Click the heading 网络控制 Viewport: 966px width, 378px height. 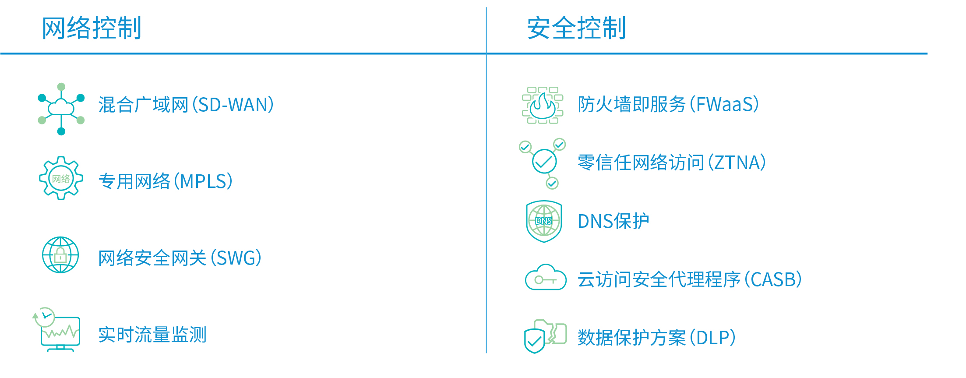[92, 28]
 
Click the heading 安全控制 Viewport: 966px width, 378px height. [576, 28]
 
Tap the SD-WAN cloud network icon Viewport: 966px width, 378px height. [61, 109]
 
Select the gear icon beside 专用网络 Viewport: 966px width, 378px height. [61, 178]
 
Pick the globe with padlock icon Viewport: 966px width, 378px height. [60, 255]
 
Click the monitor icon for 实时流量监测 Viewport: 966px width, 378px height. [57, 329]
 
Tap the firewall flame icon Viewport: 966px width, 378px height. [543, 105]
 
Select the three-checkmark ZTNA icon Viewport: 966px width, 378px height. [543, 163]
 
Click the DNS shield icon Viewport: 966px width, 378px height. [544, 221]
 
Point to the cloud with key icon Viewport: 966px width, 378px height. [546, 277]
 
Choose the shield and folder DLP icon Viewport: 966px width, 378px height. [546, 336]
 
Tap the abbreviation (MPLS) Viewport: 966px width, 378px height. [203, 181]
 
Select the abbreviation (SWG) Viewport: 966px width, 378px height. [236, 258]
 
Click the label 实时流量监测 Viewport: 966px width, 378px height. [152, 335]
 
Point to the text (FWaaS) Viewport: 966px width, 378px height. [724, 104]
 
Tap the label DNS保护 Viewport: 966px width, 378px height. [613, 221]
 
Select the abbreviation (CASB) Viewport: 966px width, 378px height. [773, 279]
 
